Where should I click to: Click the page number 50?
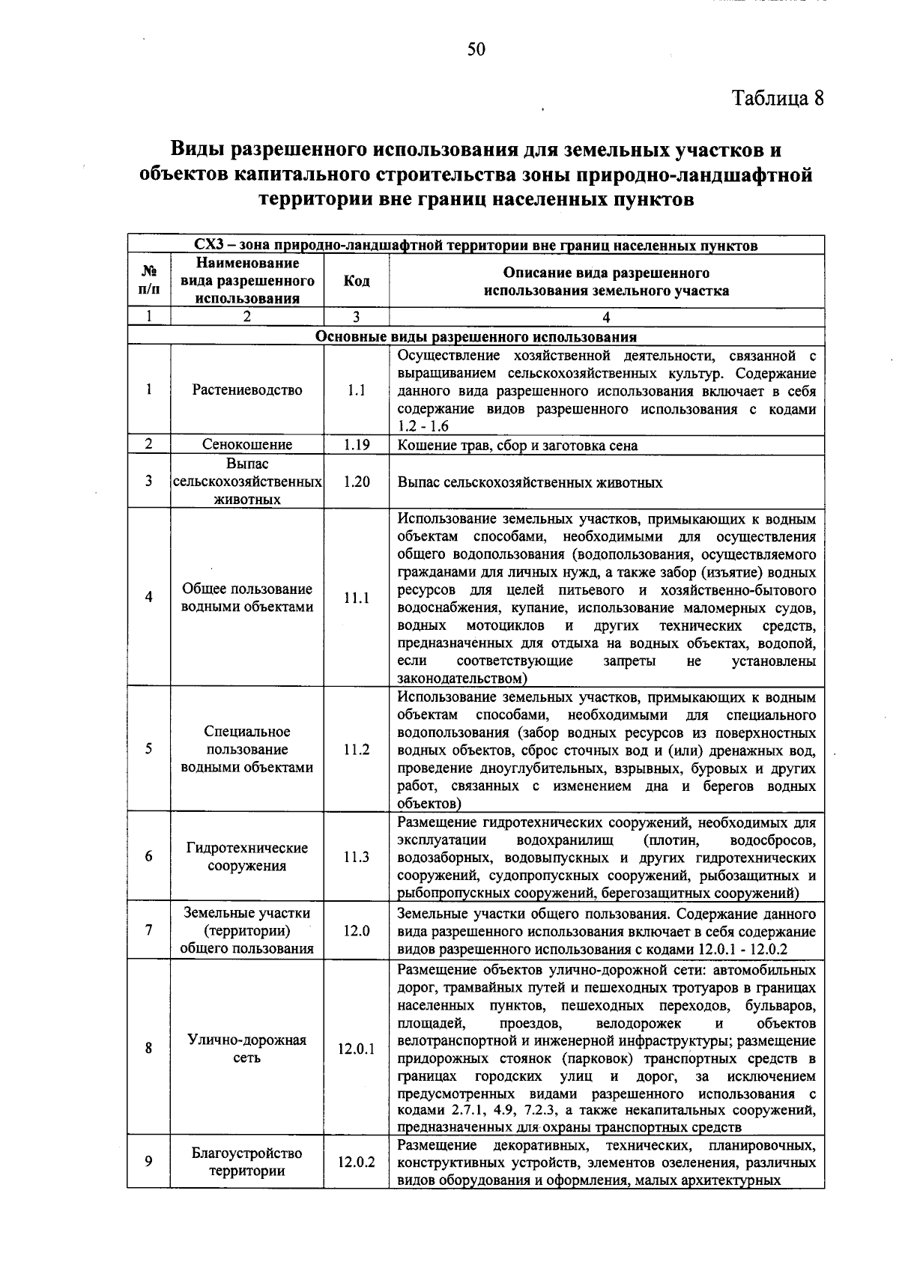[x=476, y=49]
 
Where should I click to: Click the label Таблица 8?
[x=778, y=98]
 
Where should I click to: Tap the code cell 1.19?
[x=356, y=445]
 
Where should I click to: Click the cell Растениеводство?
[x=247, y=389]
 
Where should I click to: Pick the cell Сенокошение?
[x=247, y=445]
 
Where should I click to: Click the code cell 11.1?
[x=356, y=598]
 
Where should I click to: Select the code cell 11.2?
[x=356, y=749]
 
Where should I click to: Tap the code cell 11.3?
[x=356, y=857]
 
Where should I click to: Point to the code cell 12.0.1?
[x=356, y=1049]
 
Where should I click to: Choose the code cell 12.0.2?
[x=356, y=1162]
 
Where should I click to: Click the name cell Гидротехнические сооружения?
[x=247, y=857]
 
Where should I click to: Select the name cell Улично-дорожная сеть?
[x=247, y=1049]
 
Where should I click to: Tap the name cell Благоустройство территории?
[x=247, y=1162]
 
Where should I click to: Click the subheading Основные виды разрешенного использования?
[x=476, y=336]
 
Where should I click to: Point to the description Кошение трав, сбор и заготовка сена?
[x=518, y=446]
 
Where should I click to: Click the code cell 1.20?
[x=356, y=482]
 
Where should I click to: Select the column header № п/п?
[x=149, y=281]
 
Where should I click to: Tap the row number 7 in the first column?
[x=149, y=930]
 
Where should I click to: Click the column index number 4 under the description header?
[x=606, y=317]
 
